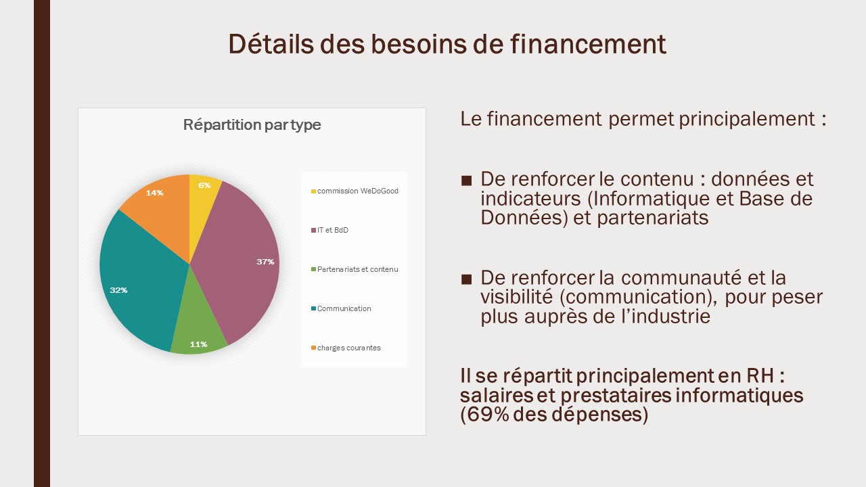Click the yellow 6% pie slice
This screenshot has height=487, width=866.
point(204,193)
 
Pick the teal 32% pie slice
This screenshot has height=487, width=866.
point(139,286)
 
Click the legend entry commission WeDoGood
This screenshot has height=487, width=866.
point(355,191)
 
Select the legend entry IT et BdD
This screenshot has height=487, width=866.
point(329,230)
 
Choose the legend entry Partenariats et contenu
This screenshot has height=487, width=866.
point(355,269)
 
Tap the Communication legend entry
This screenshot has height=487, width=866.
point(341,308)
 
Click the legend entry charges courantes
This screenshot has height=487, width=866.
point(346,348)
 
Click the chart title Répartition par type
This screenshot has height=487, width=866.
point(252,125)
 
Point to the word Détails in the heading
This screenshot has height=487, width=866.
point(271,44)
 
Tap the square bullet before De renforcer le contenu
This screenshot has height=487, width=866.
point(466,181)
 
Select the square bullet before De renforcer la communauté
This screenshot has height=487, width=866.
point(466,279)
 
